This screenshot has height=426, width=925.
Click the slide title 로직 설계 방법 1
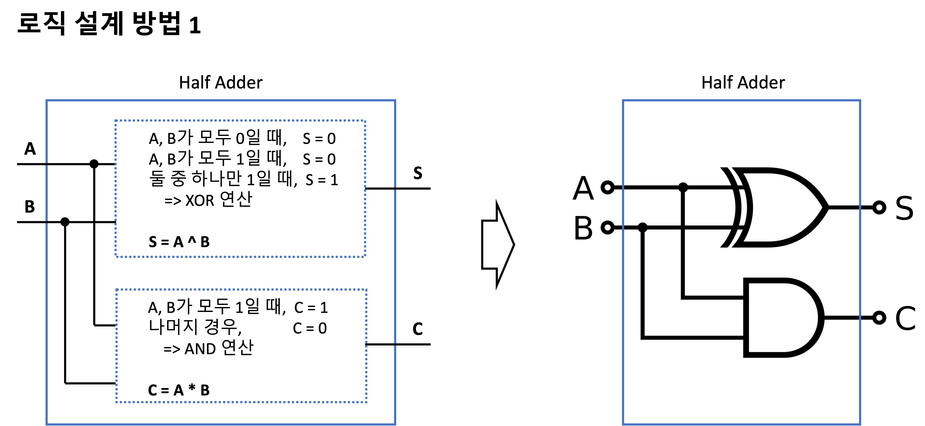(109, 24)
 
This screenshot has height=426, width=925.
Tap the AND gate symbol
(783, 318)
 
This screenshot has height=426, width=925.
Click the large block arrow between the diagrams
(498, 244)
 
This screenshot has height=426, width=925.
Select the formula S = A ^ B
(179, 242)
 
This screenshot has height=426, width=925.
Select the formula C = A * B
(178, 390)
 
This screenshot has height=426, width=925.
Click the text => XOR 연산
(208, 200)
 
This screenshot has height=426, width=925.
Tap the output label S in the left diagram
(418, 173)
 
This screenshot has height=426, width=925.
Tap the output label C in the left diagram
(417, 329)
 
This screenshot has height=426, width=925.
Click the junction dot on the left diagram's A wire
(94, 164)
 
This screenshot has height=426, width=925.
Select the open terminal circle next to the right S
(879, 207)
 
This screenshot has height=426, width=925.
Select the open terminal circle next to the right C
(879, 318)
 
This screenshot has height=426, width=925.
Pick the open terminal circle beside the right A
(608, 187)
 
